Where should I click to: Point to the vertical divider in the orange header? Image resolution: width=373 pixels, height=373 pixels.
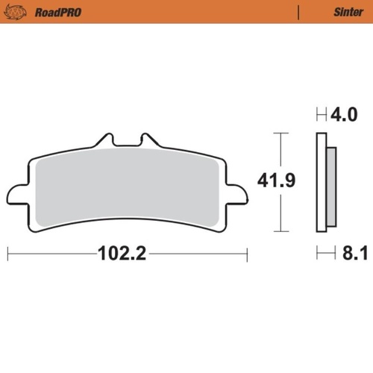click(x=298, y=12)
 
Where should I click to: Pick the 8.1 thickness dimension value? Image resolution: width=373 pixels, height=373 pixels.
click(x=344, y=254)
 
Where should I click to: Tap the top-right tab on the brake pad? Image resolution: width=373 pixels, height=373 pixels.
click(x=150, y=140)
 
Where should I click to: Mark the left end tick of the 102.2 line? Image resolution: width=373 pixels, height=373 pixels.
click(x=8, y=254)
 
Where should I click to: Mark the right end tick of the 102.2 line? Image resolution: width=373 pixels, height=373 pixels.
click(x=246, y=254)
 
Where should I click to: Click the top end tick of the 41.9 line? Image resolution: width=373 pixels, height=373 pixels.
click(x=279, y=134)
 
